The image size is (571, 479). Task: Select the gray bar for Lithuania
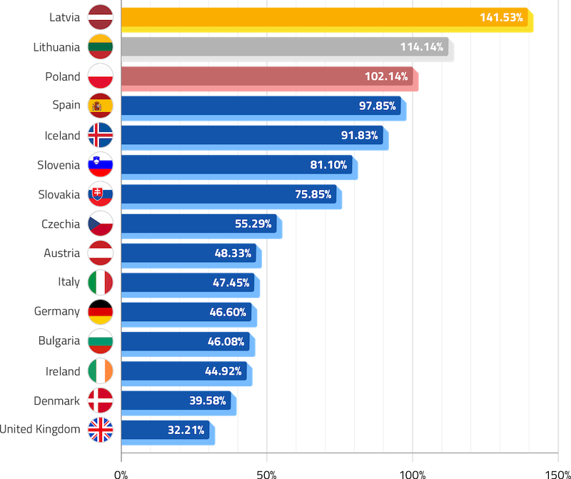tap(285, 47)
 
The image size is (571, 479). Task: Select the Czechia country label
tap(61, 224)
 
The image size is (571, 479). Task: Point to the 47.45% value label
tap(231, 283)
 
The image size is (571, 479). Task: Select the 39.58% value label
tap(208, 400)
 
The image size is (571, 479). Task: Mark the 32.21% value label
tap(186, 430)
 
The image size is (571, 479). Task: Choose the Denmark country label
tap(56, 400)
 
